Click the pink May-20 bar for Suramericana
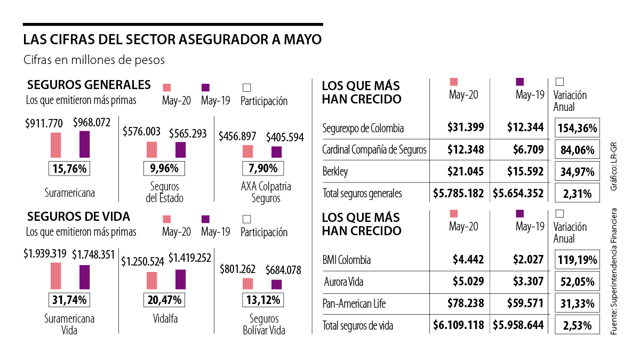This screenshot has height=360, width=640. tap(56, 145)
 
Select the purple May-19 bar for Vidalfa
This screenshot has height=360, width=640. tap(181, 278)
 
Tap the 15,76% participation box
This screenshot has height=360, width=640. tap(69, 169)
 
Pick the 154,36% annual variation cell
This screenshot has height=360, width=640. tap(578, 128)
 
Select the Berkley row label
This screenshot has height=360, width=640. tap(335, 172)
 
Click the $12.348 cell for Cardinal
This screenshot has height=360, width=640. tap(466, 150)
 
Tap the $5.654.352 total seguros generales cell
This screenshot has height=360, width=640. tap(518, 194)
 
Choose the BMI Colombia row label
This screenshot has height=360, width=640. tap(347, 260)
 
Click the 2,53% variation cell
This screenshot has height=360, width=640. tap(578, 325)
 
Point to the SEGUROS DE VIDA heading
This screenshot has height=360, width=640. tap(78, 217)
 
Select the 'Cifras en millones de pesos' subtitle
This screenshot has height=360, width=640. tap(94, 60)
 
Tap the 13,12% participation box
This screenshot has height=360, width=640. tap(262, 300)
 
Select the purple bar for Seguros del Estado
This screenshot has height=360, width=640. tap(180, 150)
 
